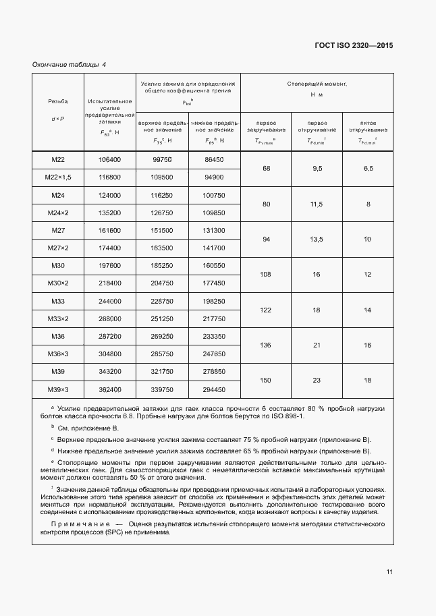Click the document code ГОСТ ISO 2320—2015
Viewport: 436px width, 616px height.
click(x=354, y=45)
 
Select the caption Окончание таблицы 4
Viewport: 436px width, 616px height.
click(x=70, y=65)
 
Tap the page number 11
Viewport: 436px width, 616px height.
click(x=389, y=572)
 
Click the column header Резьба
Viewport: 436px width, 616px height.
click(x=57, y=101)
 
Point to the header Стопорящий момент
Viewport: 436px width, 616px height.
click(x=317, y=84)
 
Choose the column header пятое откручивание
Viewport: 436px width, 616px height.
click(x=368, y=127)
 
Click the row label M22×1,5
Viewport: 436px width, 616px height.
click(x=57, y=177)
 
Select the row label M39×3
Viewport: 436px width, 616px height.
click(x=57, y=389)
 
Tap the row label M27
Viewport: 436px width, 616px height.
click(x=57, y=231)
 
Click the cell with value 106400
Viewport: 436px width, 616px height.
click(x=109, y=159)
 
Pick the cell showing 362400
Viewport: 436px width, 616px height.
click(x=109, y=389)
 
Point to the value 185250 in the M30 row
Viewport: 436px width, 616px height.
click(x=162, y=266)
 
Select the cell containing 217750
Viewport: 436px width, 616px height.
click(x=213, y=318)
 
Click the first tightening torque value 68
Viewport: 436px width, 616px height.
click(x=266, y=168)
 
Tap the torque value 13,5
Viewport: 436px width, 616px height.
click(x=317, y=239)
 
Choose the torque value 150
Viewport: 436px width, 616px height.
click(x=266, y=381)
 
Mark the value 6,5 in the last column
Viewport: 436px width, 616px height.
click(x=368, y=168)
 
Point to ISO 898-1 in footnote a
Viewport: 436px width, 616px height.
click(x=287, y=416)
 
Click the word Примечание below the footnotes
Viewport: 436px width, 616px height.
click(x=82, y=524)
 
